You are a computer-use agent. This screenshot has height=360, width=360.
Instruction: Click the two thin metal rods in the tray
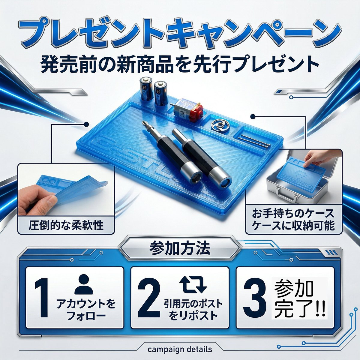click(x=254, y=141)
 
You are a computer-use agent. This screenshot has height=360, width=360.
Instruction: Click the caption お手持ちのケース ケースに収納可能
click(x=293, y=220)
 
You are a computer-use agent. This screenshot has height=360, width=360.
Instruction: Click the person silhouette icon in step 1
click(x=83, y=285)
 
